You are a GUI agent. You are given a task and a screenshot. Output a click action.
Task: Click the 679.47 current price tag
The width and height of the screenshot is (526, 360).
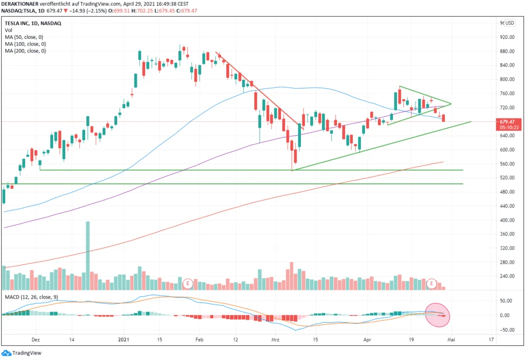[508, 121]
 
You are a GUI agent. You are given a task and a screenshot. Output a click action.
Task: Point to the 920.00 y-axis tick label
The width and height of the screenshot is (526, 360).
[507, 37]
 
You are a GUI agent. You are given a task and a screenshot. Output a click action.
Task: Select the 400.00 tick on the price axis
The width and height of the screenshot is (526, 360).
[507, 220]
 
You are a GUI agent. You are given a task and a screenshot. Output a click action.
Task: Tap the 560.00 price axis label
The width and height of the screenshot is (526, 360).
[507, 164]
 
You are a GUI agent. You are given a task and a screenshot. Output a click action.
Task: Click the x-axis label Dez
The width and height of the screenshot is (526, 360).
[35, 340]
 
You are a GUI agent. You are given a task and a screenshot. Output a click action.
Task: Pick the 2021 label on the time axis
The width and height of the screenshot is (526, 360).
[124, 340]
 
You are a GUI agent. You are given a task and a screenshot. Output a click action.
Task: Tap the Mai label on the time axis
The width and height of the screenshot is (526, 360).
[451, 340]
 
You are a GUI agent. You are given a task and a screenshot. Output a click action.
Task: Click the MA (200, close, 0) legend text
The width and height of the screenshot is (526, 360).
[25, 51]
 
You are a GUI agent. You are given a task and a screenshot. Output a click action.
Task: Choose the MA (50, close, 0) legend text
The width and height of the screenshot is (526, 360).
[24, 37]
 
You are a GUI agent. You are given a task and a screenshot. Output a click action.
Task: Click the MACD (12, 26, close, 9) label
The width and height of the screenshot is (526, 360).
[30, 297]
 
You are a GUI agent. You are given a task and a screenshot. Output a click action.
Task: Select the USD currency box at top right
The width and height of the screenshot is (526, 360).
[509, 23]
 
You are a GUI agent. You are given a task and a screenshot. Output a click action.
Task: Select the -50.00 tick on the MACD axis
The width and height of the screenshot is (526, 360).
[507, 330]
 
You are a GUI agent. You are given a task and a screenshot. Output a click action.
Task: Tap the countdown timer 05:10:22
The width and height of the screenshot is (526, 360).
[508, 127]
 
